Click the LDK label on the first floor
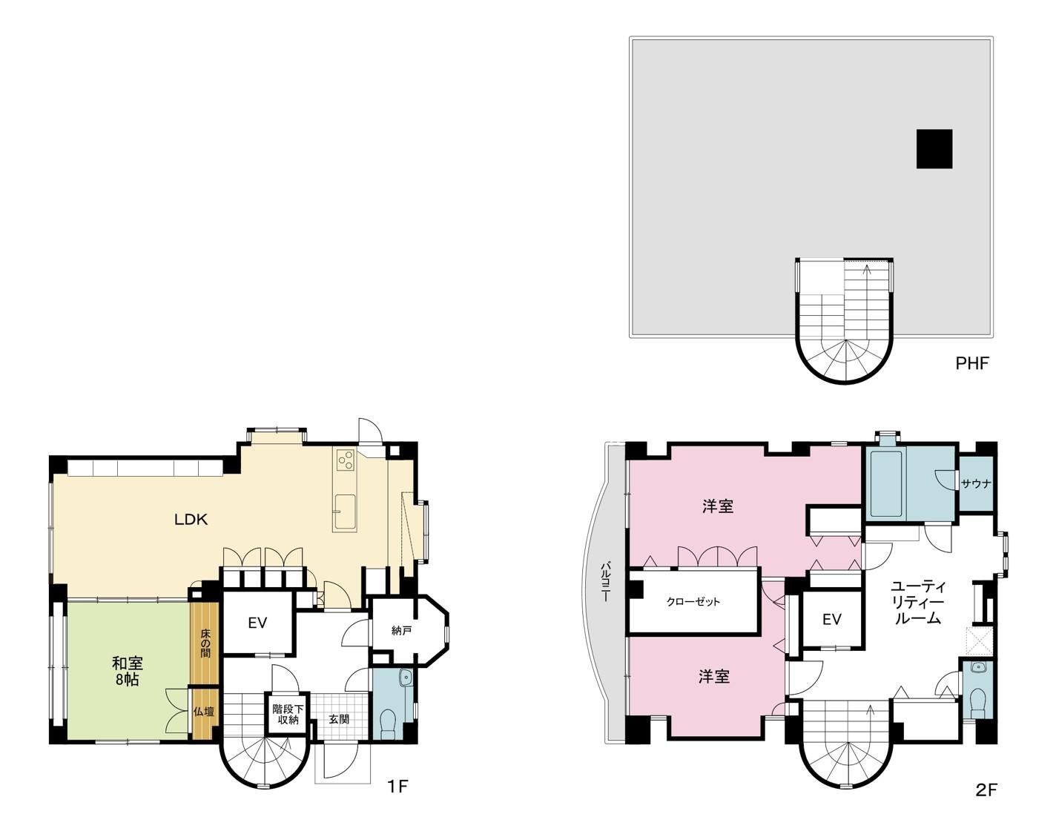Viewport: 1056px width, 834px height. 191,520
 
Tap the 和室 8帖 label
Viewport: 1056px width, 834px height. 127,672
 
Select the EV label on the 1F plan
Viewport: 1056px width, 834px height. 257,623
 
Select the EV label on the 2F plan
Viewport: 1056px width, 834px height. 832,620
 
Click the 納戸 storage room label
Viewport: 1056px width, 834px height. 401,630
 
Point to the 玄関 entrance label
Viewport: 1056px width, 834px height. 339,719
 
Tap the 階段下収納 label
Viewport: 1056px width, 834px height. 288,715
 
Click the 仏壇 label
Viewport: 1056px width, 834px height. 204,712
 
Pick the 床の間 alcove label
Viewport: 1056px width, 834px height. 205,643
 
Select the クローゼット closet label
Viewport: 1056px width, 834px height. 693,602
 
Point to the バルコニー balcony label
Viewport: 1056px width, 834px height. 606,582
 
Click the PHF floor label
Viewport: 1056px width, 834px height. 972,363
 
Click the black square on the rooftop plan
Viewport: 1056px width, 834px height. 934,149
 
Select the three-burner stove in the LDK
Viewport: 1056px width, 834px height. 345,460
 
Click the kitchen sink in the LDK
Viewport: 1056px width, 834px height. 345,513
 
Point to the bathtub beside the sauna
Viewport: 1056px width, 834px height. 886,484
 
